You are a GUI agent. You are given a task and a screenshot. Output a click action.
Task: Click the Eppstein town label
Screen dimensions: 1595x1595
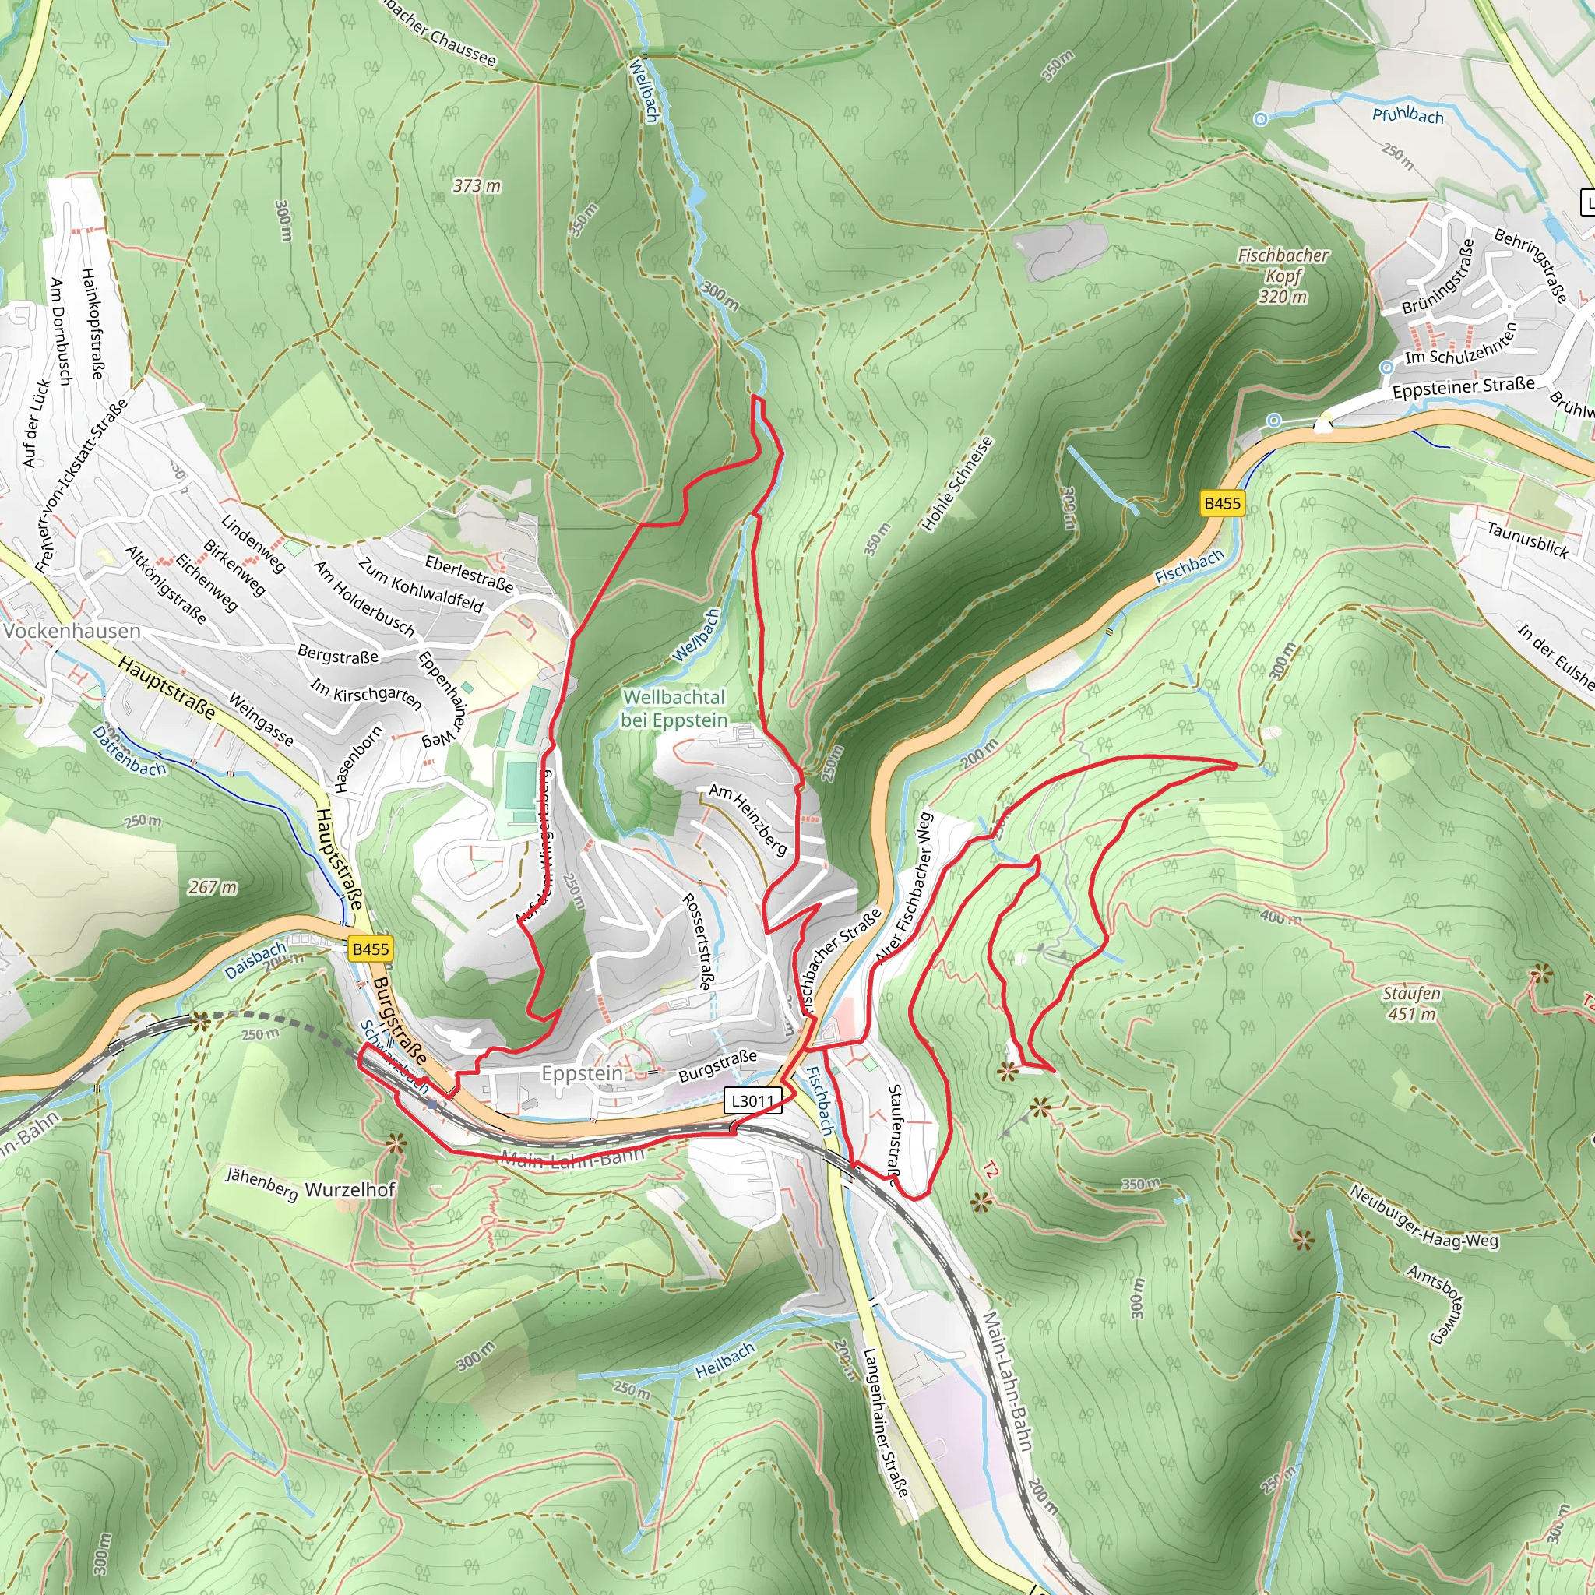[x=582, y=1073]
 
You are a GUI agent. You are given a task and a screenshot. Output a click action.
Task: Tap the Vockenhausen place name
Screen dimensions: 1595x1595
[x=72, y=631]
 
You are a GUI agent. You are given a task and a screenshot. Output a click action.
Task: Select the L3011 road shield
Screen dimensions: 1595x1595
[x=752, y=1100]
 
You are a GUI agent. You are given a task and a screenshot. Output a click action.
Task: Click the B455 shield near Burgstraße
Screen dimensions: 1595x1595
[x=370, y=949]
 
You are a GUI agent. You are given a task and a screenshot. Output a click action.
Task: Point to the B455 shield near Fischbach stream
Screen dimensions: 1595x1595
[x=1222, y=503]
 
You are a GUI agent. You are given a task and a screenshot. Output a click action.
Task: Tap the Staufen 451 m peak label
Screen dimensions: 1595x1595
[x=1411, y=1003]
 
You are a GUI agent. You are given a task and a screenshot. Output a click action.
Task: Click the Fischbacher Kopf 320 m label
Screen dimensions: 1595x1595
[x=1283, y=276]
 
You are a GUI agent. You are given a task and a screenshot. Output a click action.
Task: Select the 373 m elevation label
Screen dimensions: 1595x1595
[x=477, y=186]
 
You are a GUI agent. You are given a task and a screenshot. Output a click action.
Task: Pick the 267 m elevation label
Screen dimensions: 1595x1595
[x=212, y=888]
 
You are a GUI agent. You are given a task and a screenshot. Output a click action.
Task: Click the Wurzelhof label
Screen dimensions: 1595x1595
[x=350, y=1190]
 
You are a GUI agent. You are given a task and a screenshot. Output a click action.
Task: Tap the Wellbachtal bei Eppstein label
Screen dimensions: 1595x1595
[x=674, y=709]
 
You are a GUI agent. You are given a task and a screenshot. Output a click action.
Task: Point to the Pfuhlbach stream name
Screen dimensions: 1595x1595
[x=1407, y=115]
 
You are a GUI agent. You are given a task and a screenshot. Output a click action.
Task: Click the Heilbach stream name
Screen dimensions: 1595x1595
[x=725, y=1360]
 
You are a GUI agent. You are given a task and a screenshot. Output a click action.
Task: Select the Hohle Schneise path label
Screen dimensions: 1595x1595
[x=957, y=484]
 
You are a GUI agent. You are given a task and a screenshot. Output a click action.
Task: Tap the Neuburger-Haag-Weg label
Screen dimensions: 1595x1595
[x=1424, y=1215]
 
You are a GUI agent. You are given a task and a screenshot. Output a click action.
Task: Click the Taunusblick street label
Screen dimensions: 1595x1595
[x=1527, y=540]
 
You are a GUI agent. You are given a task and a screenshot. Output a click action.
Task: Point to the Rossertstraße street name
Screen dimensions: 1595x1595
[x=698, y=941]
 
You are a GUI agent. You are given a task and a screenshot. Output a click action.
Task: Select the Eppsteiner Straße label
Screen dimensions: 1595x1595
[x=1463, y=386]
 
